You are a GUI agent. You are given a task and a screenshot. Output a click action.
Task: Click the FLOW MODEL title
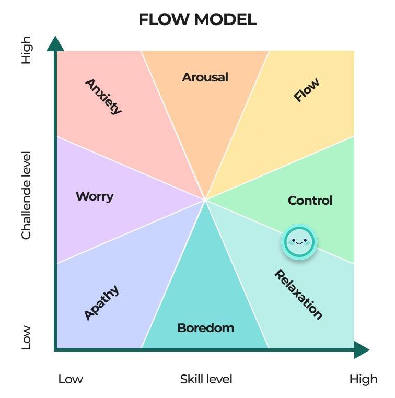[197, 20]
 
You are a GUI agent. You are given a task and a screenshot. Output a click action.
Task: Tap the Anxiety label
[103, 96]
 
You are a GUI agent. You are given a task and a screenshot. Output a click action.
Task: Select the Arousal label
[205, 77]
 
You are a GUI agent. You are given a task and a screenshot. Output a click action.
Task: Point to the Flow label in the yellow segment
[306, 90]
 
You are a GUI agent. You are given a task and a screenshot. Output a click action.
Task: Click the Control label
[310, 201]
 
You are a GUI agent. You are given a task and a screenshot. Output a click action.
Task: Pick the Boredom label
[205, 328]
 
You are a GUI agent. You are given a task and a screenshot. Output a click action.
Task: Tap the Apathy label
[101, 302]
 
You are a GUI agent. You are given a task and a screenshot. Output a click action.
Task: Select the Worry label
[95, 196]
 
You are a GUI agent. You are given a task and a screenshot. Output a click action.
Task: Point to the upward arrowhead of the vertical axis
[55, 44]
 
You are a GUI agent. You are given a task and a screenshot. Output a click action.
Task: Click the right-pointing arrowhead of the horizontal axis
[362, 349]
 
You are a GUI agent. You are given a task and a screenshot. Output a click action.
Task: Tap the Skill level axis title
[206, 379]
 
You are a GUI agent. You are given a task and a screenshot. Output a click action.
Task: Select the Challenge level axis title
[27, 195]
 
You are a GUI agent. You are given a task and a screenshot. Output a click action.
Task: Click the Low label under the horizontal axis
[71, 379]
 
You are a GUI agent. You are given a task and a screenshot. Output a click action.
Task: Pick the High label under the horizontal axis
[363, 379]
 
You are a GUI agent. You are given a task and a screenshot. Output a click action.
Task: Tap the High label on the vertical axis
[26, 50]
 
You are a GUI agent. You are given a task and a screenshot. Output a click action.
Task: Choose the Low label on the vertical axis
[26, 337]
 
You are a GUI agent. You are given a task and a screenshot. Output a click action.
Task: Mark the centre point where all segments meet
[205, 200]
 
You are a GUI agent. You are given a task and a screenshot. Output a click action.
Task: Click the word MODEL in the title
[226, 20]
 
